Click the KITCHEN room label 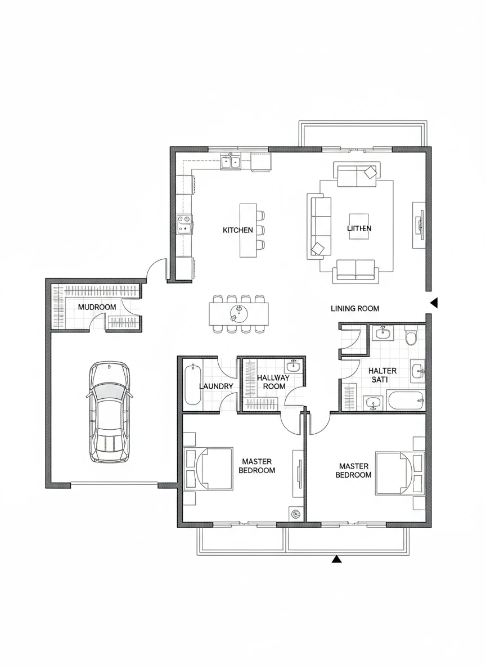tap(237, 230)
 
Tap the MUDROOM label tap(97, 307)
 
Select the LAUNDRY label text tap(216, 386)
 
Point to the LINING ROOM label tap(355, 308)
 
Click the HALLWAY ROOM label tap(273, 382)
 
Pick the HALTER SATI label tap(382, 375)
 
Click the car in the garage tap(109, 412)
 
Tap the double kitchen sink tap(231, 162)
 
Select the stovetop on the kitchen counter tap(184, 224)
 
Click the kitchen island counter tap(248, 230)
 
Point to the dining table tap(238, 314)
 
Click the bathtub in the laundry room tap(193, 384)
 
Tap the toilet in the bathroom tap(411, 336)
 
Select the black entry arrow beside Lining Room tap(434, 303)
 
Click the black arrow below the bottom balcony tap(336, 559)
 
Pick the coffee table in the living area tap(358, 226)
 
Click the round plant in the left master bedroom tap(295, 514)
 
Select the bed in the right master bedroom tap(399, 474)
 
